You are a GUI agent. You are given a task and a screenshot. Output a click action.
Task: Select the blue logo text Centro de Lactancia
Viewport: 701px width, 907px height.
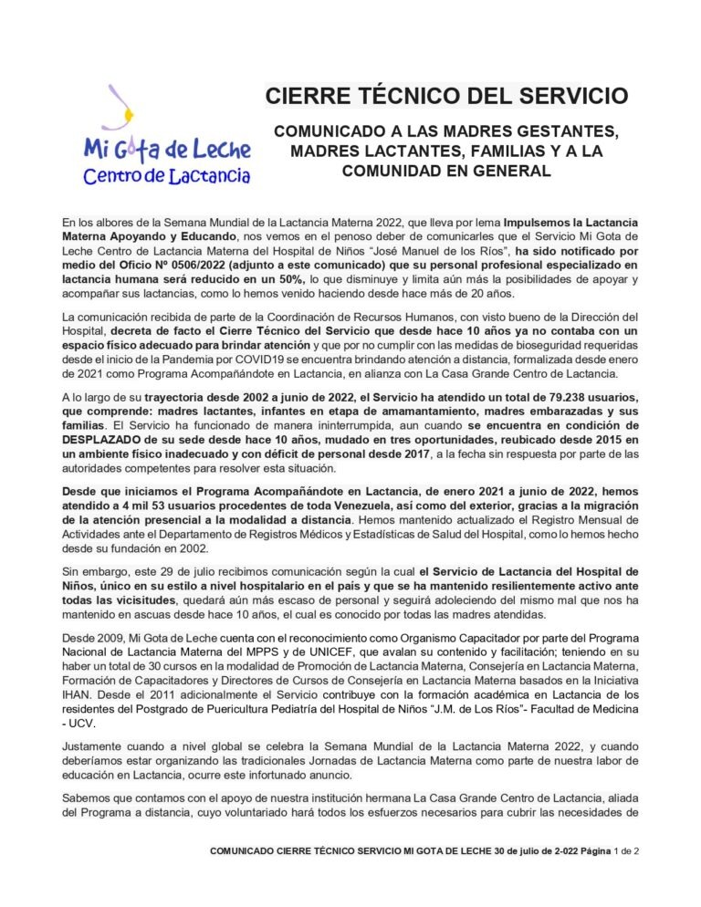(x=167, y=174)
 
